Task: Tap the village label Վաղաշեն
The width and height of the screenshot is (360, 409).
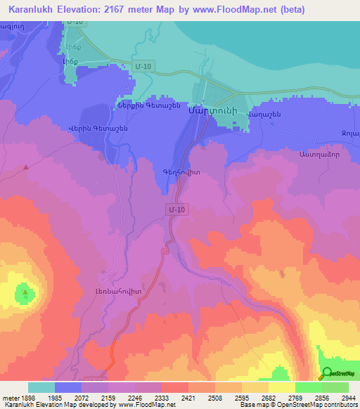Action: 264,114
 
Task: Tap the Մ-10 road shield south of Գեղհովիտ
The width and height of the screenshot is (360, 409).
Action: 176,209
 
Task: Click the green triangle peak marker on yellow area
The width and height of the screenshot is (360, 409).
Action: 25,292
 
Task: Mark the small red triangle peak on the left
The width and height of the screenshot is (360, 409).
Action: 26,167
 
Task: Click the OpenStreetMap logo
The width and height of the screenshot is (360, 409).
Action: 335,373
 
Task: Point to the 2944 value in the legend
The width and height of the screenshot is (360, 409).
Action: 349,397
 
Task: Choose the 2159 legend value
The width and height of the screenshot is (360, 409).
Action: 94,397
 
